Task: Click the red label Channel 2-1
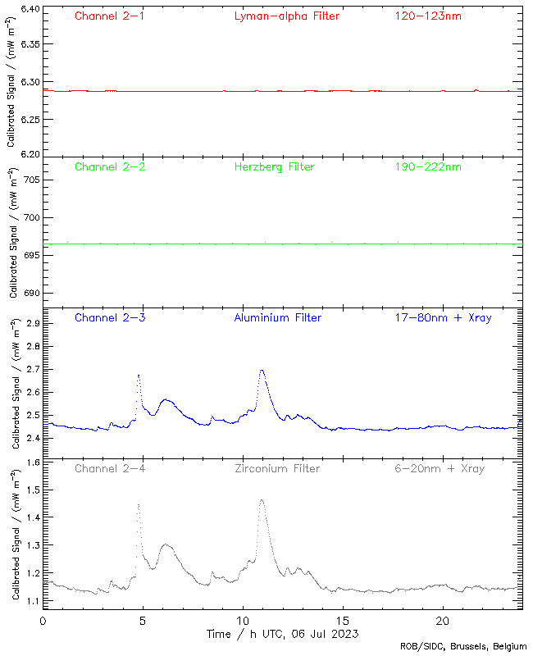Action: (x=109, y=16)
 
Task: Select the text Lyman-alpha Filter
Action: (x=286, y=16)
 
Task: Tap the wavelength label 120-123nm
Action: (x=428, y=16)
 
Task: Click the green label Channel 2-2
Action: (x=109, y=166)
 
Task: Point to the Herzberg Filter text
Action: (x=274, y=166)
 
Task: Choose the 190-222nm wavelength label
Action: (x=428, y=166)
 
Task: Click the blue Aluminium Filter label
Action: (x=278, y=317)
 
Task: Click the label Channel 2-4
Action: (x=109, y=468)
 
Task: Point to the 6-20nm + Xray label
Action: (x=439, y=468)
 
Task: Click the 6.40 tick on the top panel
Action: (x=29, y=10)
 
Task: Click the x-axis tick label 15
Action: (x=343, y=620)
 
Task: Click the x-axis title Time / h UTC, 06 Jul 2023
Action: (x=282, y=633)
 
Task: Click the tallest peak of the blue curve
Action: (x=262, y=370)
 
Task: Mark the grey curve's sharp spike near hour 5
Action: (x=139, y=504)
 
